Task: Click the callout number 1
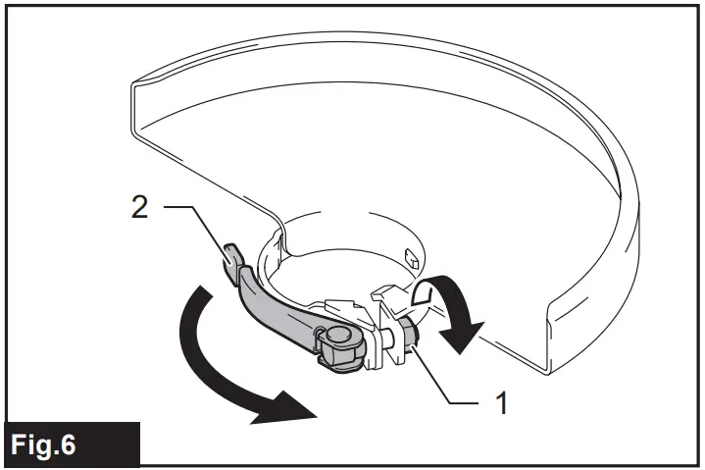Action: pyautogui.click(x=502, y=402)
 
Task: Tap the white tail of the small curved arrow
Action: pyautogui.click(x=426, y=290)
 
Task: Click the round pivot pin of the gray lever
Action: pyautogui.click(x=339, y=338)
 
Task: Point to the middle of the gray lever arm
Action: pyautogui.click(x=279, y=309)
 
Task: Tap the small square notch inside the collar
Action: pyautogui.click(x=414, y=261)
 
